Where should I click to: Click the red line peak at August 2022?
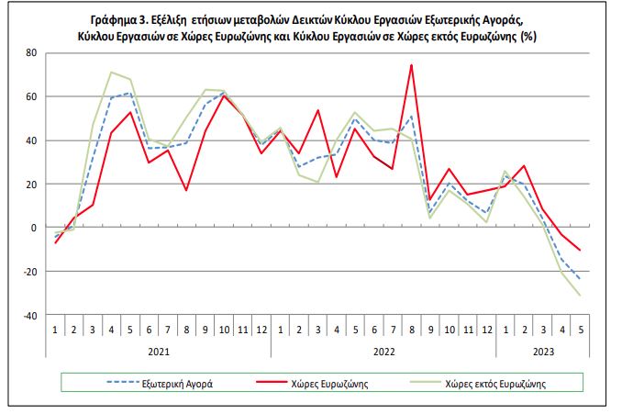pyautogui.click(x=411, y=65)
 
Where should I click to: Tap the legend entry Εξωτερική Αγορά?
pyautogui.click(x=160, y=384)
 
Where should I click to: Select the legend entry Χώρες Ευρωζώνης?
pyautogui.click(x=312, y=384)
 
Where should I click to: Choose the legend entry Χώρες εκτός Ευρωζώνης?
pyautogui.click(x=478, y=384)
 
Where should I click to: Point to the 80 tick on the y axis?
pyautogui.click(x=31, y=53)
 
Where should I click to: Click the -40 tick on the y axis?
pyautogui.click(x=29, y=316)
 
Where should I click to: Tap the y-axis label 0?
pyautogui.click(x=34, y=228)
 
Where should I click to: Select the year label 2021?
pyautogui.click(x=159, y=352)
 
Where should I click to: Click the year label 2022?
pyautogui.click(x=383, y=352)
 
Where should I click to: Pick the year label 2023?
pyautogui.click(x=543, y=352)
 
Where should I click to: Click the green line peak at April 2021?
pyautogui.click(x=111, y=73)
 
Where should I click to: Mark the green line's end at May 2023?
pyautogui.click(x=581, y=296)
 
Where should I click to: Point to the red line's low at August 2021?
pyautogui.click(x=186, y=190)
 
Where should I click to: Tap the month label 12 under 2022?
pyautogui.click(x=487, y=330)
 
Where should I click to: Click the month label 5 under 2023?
pyautogui.click(x=581, y=330)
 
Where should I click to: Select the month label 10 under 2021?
pyautogui.click(x=224, y=330)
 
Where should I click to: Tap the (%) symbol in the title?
pyautogui.click(x=528, y=37)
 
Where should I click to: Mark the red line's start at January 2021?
pyautogui.click(x=55, y=242)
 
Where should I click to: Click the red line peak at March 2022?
pyautogui.click(x=317, y=110)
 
